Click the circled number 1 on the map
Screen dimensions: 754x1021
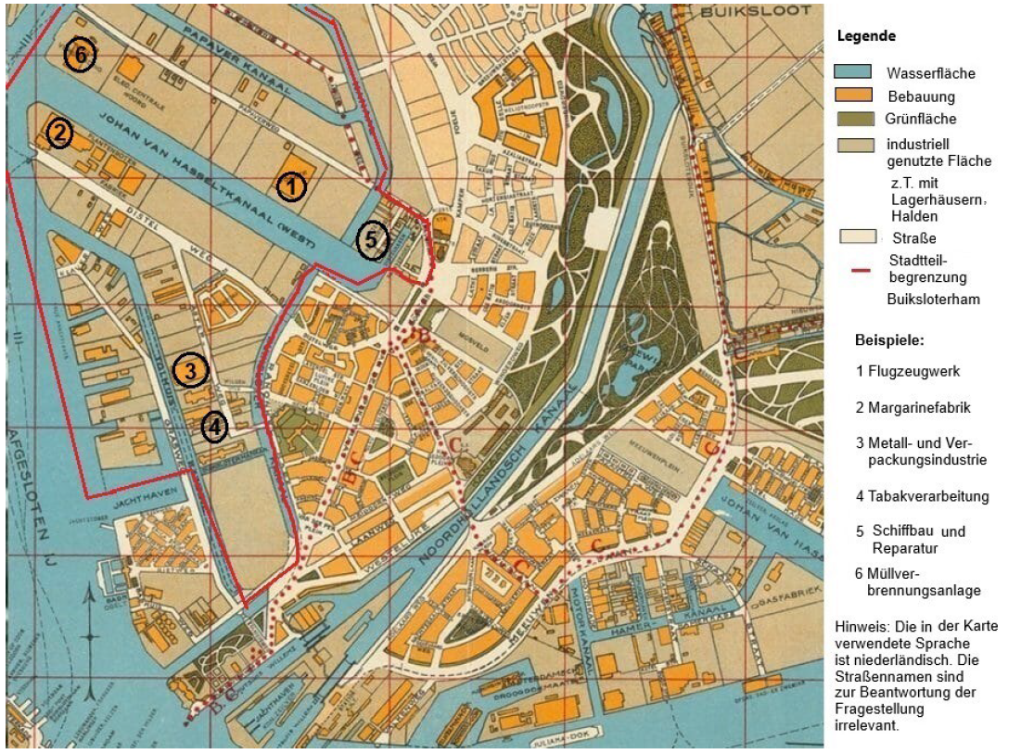[x=291, y=186]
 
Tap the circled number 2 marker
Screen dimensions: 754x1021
[x=60, y=134]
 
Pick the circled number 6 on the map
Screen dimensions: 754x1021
[x=81, y=56]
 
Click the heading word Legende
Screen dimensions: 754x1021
[x=866, y=37]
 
